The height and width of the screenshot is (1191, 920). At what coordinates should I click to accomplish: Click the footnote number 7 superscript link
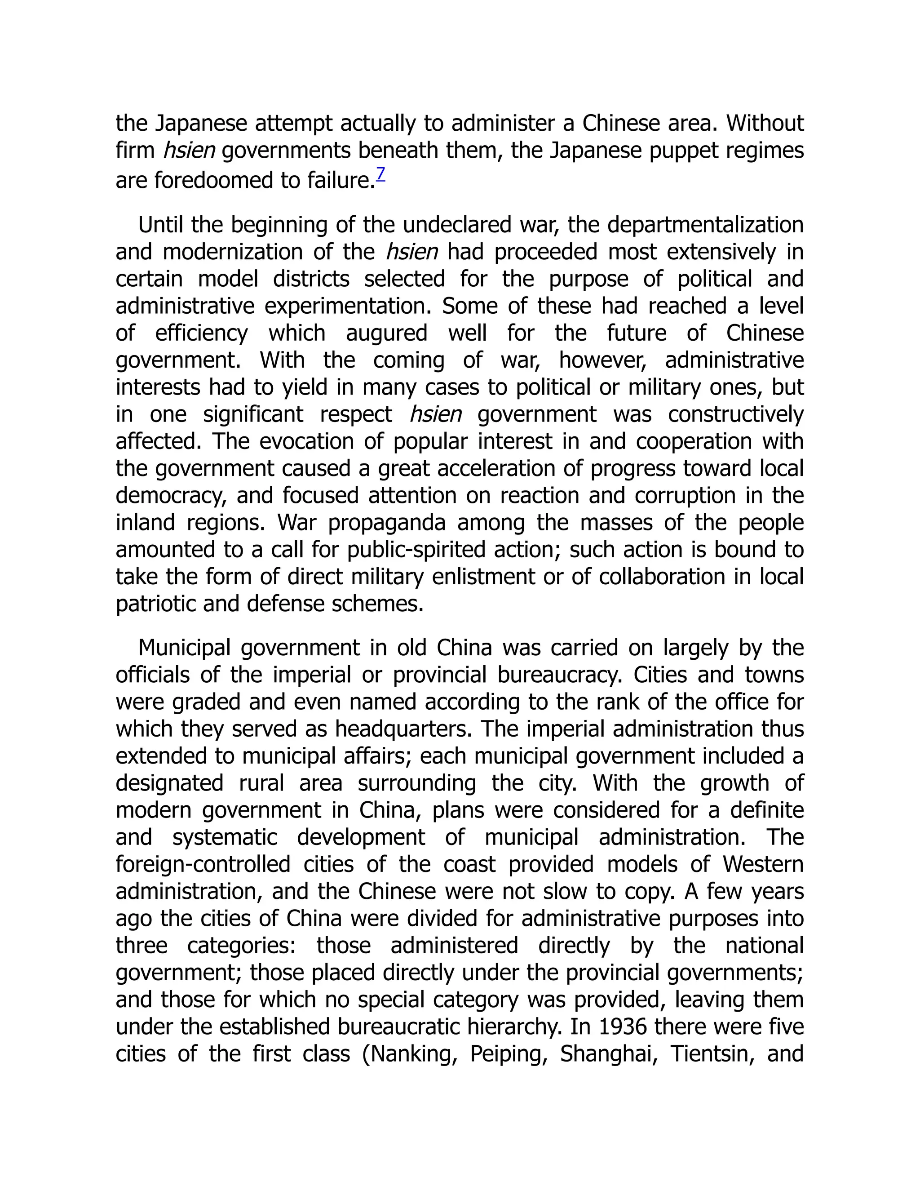[x=380, y=174]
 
